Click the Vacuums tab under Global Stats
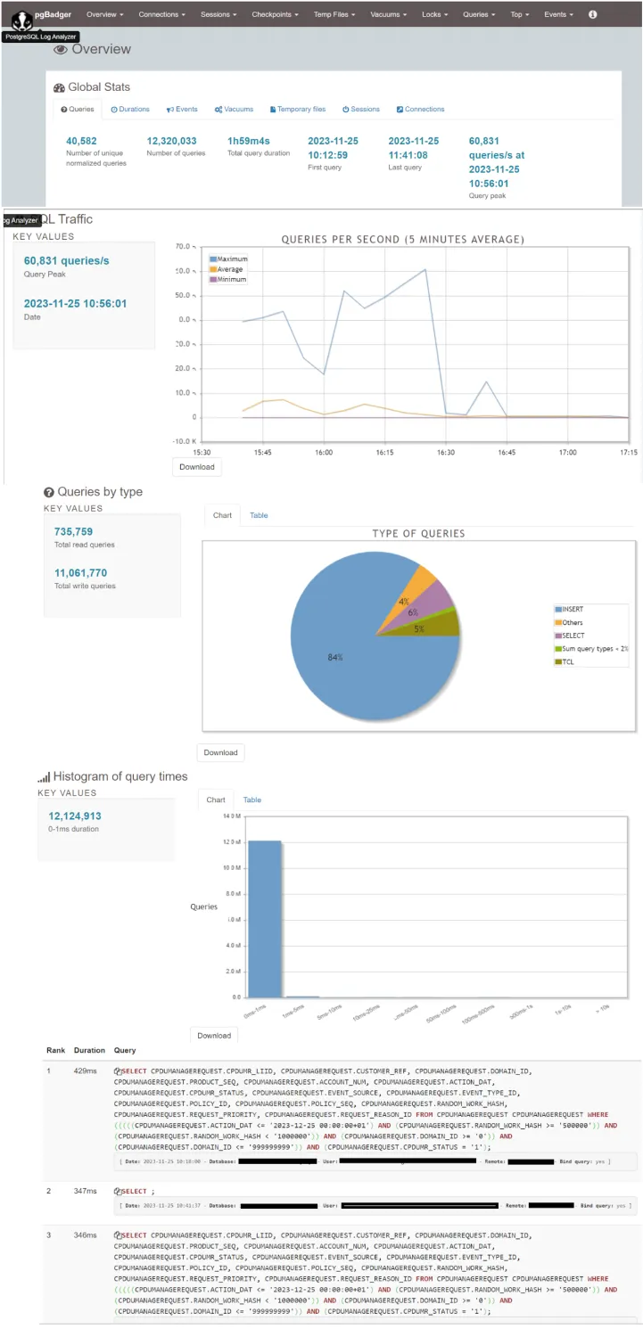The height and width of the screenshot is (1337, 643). pos(235,109)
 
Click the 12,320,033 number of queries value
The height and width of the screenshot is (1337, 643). pos(171,141)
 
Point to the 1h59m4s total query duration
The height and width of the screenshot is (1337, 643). pos(249,141)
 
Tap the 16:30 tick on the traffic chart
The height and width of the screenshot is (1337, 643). pos(446,453)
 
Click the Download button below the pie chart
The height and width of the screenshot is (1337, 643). pos(220,752)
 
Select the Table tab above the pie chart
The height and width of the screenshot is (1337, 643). pos(259,515)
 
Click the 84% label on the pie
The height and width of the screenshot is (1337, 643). pos(335,657)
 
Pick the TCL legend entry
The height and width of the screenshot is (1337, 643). pos(566,661)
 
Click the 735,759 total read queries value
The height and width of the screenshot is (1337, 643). pos(73,531)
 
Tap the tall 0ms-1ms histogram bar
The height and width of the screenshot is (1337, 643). pos(265,918)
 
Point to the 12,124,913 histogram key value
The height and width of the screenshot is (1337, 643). pos(75,816)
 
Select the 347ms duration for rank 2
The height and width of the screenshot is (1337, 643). pos(85,1191)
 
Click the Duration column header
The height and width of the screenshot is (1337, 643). pos(89,1050)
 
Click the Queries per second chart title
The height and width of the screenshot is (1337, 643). pos(402,239)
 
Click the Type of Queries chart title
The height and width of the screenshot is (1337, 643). pos(418,533)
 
